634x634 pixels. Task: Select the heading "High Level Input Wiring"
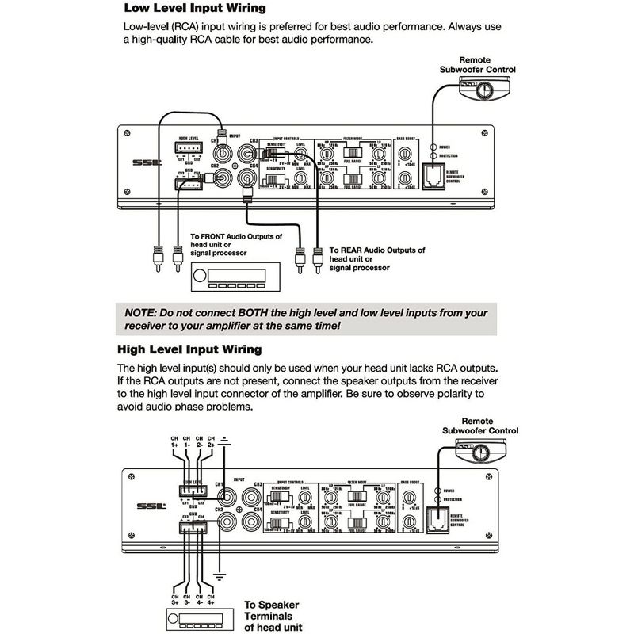(x=189, y=349)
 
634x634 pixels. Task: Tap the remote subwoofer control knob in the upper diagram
(x=484, y=94)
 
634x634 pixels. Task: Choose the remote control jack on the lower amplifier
(x=434, y=515)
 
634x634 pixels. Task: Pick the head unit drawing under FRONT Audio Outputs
(x=231, y=278)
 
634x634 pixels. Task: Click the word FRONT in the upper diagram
(x=220, y=236)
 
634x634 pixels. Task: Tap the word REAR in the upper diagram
(x=356, y=250)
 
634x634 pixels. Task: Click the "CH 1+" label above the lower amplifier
(x=174, y=442)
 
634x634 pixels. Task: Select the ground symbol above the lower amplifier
(x=226, y=438)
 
